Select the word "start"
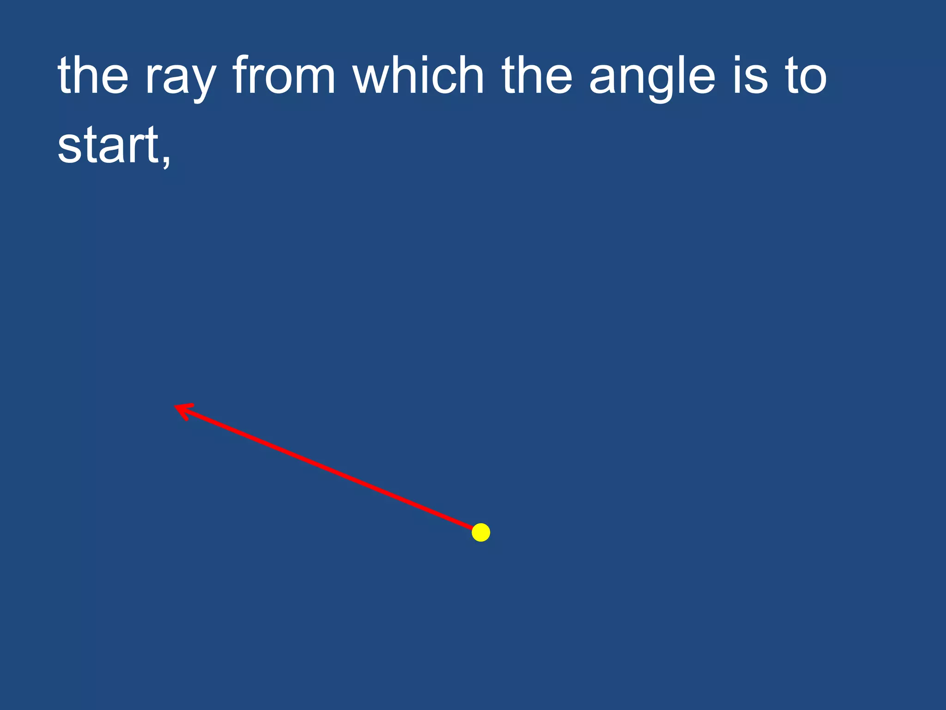point(108,145)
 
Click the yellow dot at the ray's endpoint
point(481,532)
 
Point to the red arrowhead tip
point(176,406)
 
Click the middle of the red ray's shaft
point(326,468)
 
